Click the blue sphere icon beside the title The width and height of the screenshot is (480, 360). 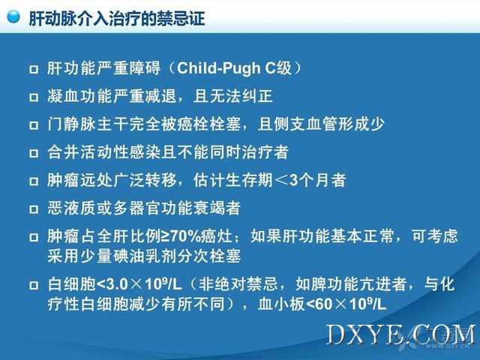click(13, 16)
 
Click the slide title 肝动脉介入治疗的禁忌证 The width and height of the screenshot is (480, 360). click(117, 18)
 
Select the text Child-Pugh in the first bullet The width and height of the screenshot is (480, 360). click(219, 68)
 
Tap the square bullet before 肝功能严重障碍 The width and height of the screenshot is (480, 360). click(34, 69)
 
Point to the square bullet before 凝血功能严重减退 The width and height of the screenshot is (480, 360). click(34, 97)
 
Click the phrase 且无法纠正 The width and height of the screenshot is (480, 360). click(233, 96)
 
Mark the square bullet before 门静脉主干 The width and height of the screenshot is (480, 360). click(34, 125)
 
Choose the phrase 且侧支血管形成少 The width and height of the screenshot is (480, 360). click(321, 124)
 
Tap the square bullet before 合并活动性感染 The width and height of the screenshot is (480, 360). click(34, 153)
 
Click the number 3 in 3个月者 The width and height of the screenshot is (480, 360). click(294, 180)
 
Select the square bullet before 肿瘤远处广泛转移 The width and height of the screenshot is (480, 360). click(34, 181)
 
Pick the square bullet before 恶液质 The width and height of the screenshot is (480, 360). click(34, 209)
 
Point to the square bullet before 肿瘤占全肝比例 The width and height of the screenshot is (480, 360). click(34, 237)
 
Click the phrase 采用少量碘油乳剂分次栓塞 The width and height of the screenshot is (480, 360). click(144, 256)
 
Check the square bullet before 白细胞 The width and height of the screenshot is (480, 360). click(34, 286)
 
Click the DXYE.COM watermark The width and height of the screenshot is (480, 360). click(401, 334)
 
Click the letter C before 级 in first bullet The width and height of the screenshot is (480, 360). click(271, 68)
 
